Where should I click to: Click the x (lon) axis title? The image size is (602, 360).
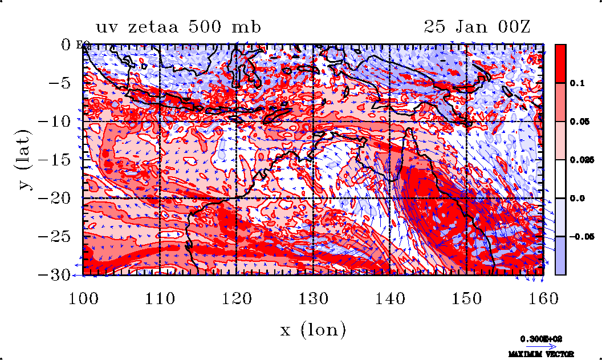click(x=313, y=329)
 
